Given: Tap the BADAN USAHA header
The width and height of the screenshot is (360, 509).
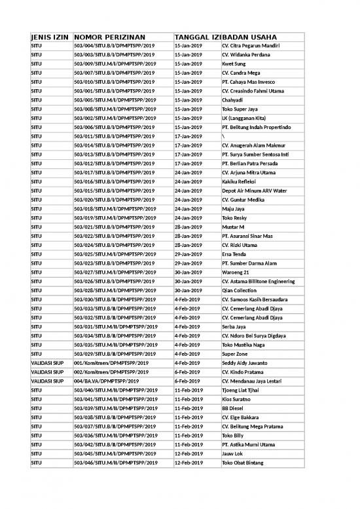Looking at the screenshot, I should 249,37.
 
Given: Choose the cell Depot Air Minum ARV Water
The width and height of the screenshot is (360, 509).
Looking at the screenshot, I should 255,190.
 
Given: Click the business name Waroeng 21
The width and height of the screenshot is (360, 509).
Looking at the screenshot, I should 238,272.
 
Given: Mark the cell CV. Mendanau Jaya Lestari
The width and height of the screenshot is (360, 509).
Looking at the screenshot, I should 252,381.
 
